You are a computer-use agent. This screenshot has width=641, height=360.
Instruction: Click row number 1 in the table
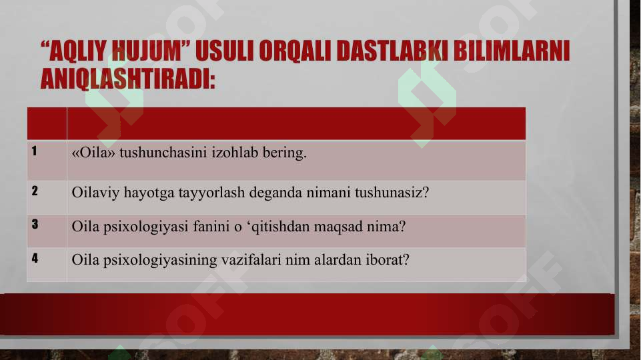(x=33, y=151)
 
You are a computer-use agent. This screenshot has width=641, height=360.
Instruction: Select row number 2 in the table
(x=33, y=191)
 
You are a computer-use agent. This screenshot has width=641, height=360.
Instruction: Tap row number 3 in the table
(x=33, y=225)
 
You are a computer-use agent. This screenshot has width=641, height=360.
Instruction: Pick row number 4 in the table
(x=33, y=257)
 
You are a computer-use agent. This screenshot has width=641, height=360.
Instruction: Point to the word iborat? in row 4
(x=386, y=259)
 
